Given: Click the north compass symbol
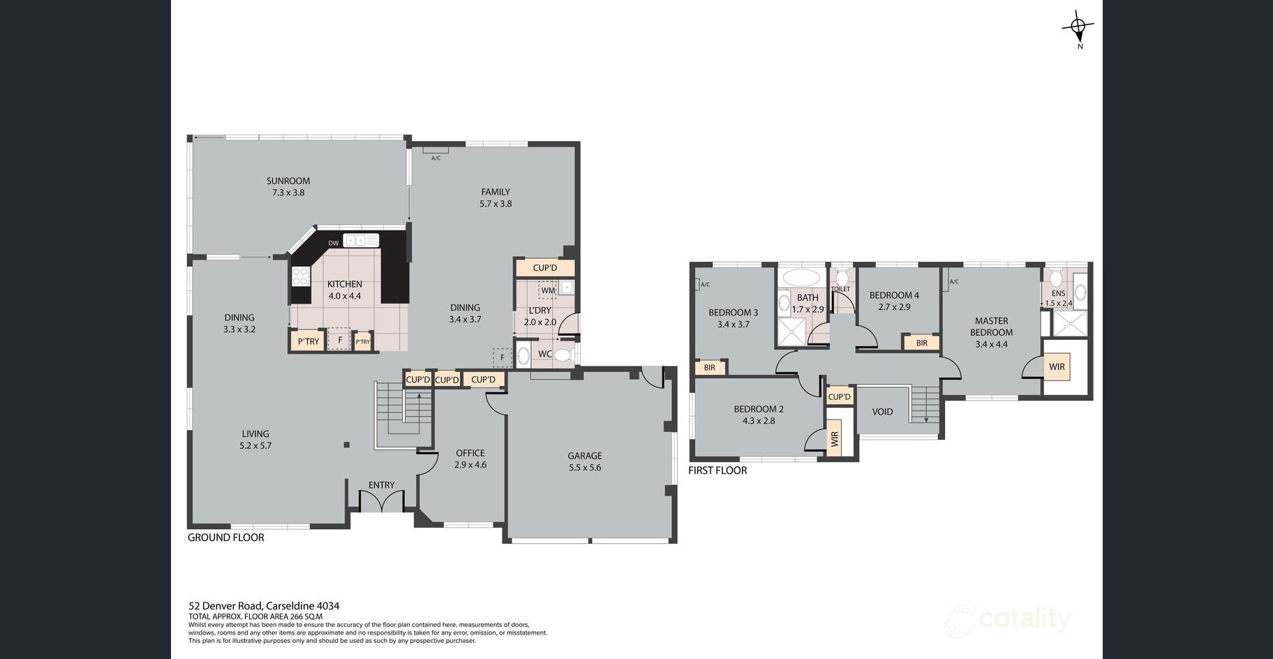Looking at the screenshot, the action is click(x=1078, y=29).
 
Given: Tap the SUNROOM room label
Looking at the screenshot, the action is click(x=288, y=181).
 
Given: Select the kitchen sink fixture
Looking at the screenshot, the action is click(x=361, y=241).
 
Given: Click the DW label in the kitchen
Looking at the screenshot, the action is click(x=334, y=244).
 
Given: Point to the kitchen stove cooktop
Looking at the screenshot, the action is click(x=301, y=276).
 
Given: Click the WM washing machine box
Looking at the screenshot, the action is click(x=548, y=290).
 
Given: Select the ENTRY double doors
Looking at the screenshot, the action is click(x=382, y=501).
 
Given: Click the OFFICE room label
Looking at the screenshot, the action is click(x=470, y=453).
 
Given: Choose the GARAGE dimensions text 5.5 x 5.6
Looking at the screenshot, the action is click(x=585, y=468).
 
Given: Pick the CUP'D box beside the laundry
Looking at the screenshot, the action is click(x=545, y=267).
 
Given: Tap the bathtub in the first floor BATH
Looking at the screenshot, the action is click(x=802, y=277).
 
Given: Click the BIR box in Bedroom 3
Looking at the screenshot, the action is click(x=710, y=367).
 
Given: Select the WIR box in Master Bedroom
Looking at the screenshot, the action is click(x=1057, y=366).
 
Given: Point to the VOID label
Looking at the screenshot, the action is click(x=883, y=412).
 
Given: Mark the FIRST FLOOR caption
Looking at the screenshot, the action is click(x=717, y=471).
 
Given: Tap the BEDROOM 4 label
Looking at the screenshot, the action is click(x=894, y=295).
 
